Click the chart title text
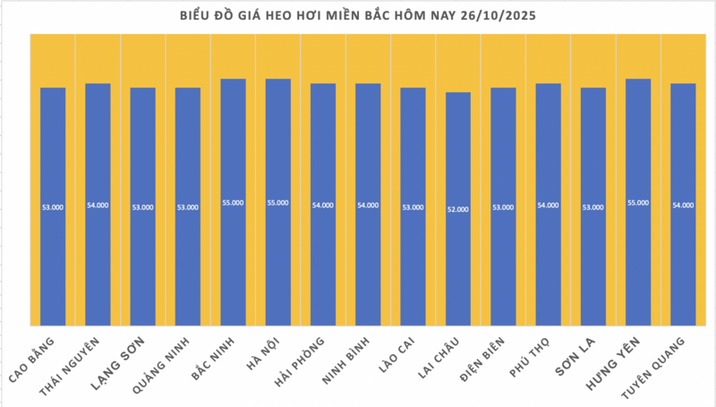tap(357, 15)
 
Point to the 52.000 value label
tap(458, 208)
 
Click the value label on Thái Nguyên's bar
tap(98, 206)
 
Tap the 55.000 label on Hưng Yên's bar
tap(638, 203)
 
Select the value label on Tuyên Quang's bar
tap(683, 206)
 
